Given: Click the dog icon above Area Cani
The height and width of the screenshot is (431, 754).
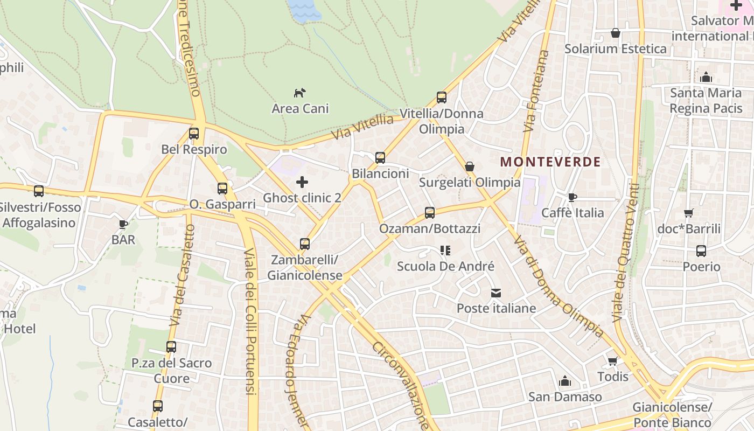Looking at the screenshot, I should (x=299, y=93).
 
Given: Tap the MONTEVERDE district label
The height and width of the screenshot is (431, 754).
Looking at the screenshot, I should (x=550, y=162).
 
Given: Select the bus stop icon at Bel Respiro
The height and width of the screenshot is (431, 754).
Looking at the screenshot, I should (x=194, y=133).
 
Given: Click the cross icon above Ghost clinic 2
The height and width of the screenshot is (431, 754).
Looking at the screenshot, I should (x=302, y=182).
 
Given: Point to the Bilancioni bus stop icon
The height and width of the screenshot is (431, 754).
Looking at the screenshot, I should (x=380, y=158).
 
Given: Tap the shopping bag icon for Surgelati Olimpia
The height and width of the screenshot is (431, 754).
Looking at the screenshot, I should (x=470, y=166).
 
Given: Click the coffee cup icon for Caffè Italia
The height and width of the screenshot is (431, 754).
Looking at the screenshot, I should (x=572, y=197).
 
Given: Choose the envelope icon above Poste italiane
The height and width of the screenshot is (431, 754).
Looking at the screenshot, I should (x=496, y=293).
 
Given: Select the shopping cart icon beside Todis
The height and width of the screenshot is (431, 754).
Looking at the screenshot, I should (x=612, y=361).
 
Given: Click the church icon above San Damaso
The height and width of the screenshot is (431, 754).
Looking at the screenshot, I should (x=564, y=381).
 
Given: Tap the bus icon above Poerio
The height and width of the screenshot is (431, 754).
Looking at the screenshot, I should (x=701, y=251).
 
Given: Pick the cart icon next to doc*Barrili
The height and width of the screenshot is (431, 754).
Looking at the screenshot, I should (x=688, y=213).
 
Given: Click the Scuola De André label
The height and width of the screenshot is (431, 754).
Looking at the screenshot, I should (x=445, y=266).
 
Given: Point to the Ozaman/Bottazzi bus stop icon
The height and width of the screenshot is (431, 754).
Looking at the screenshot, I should (x=429, y=212).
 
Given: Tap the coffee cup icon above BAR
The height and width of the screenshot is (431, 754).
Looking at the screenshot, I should (x=123, y=224).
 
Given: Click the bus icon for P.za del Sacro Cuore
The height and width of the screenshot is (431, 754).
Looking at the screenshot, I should (x=171, y=347).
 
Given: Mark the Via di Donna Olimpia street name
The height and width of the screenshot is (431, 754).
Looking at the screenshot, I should (x=558, y=287).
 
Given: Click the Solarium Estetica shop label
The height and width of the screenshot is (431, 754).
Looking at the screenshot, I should (x=615, y=48).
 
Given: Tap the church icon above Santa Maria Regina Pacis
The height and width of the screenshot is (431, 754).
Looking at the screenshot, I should (x=706, y=77).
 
